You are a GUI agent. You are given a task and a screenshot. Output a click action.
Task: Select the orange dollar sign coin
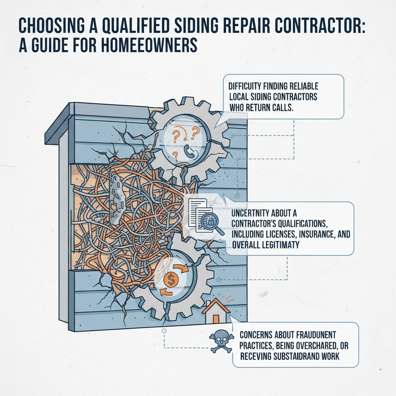pyautogui.click(x=171, y=278)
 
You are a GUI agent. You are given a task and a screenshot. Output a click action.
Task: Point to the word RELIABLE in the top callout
pyautogui.click(x=304, y=87)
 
